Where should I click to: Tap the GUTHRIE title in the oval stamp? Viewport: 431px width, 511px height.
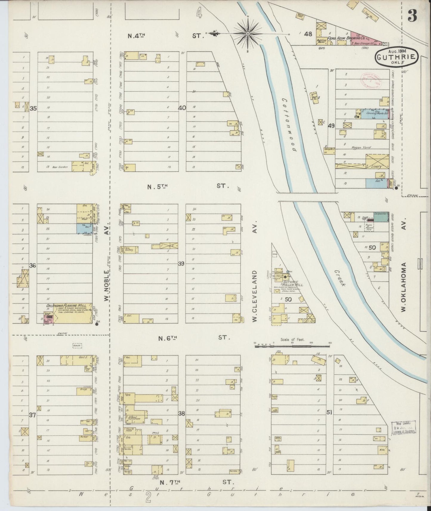click(x=396, y=57)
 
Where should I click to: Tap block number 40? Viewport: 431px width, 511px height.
click(x=182, y=108)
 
